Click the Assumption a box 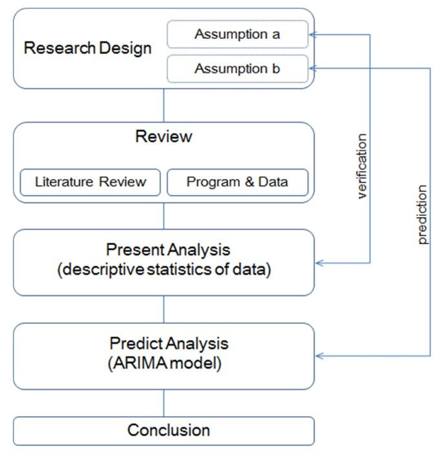(237, 34)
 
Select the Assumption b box (237, 69)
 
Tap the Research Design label (88, 48)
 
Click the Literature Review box (90, 182)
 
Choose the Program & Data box (237, 182)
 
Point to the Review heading (164, 136)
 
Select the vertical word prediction (422, 214)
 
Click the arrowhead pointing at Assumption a (312, 35)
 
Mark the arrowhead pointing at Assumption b (312, 69)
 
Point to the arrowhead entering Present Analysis (319, 263)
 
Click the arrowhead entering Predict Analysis (319, 356)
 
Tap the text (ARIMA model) (164, 363)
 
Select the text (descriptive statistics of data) (164, 270)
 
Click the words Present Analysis (168, 250)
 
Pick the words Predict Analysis (169, 344)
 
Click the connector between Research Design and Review (164, 105)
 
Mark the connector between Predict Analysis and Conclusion (164, 403)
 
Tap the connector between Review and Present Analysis (164, 216)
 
